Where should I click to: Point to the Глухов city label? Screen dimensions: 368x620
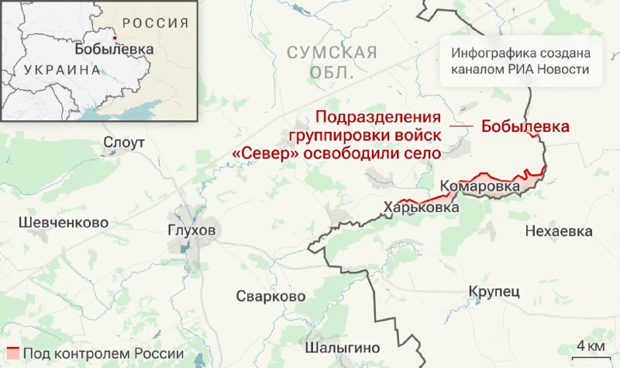(191, 231)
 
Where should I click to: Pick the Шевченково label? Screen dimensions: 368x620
(62, 222)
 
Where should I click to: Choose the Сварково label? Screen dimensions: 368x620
(270, 297)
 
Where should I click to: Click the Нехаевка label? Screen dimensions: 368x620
(558, 231)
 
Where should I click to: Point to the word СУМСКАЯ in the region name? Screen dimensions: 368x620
(332, 53)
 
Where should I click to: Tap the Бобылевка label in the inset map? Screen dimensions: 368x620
(114, 49)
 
